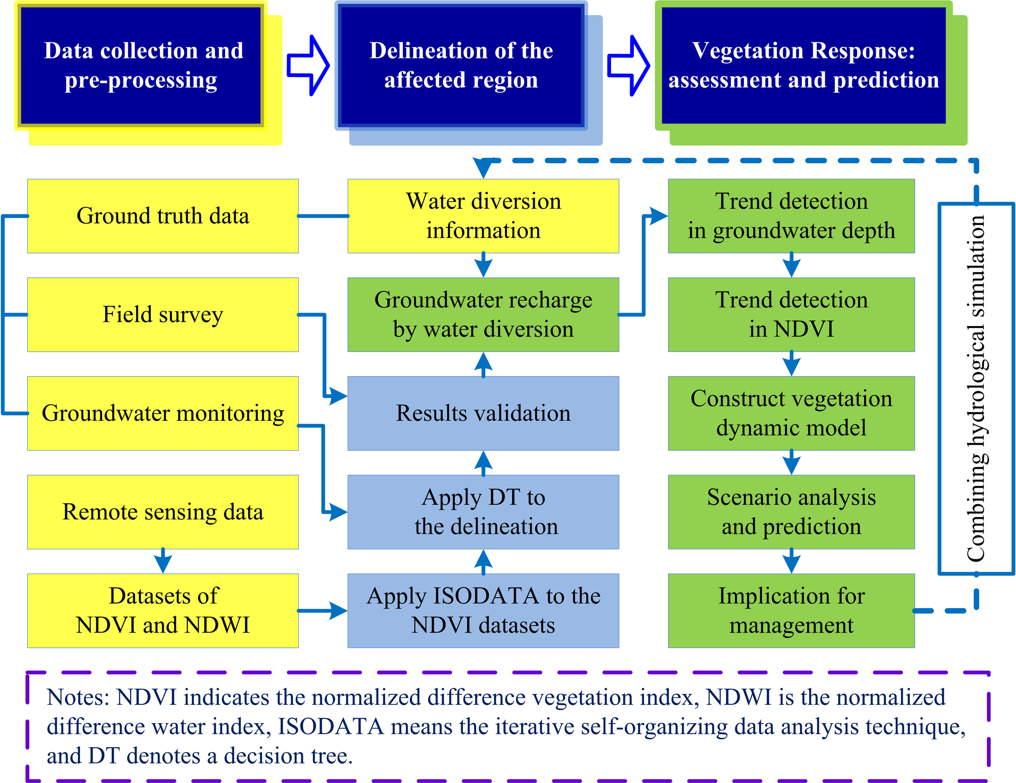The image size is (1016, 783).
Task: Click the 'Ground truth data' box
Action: coord(163,216)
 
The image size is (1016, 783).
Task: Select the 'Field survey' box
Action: coord(163,315)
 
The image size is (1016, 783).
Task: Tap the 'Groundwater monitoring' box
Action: coord(163,413)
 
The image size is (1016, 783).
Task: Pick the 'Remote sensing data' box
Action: coord(163,512)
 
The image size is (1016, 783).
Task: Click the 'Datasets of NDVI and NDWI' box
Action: coord(163,611)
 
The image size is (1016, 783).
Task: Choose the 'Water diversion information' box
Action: coord(483,216)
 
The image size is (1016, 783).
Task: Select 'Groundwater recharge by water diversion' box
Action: coord(483,315)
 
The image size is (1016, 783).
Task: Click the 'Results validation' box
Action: coord(483,413)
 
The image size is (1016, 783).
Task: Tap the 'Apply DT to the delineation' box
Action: coord(483,512)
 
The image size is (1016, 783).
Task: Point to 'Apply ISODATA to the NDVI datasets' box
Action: coord(483,611)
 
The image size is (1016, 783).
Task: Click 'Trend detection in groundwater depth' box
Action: coord(791,216)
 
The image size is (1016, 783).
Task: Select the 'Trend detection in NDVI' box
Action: coord(791,315)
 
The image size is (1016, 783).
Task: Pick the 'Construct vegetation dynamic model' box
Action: coord(791,413)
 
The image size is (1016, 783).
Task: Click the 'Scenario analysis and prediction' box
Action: coord(791,512)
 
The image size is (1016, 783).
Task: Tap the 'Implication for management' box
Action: coord(791,611)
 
